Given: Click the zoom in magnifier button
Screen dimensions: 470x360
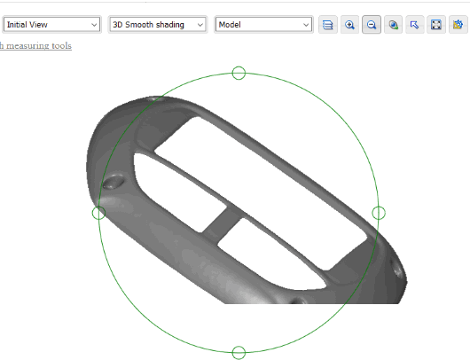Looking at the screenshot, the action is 349,25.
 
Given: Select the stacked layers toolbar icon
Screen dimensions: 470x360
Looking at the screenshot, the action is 327,25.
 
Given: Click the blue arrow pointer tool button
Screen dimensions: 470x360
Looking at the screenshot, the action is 414,25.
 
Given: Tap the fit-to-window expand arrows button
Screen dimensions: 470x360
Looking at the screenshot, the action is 436,25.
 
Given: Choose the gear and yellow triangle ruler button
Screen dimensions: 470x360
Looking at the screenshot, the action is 458,25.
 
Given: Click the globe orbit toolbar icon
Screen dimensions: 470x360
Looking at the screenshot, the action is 393,25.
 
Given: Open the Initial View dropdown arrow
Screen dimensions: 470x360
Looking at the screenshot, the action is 94,25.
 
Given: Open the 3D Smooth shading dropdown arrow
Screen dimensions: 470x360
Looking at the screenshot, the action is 200,25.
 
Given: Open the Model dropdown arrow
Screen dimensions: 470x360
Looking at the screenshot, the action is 306,25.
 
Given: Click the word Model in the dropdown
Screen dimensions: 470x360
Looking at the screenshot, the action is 230,25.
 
